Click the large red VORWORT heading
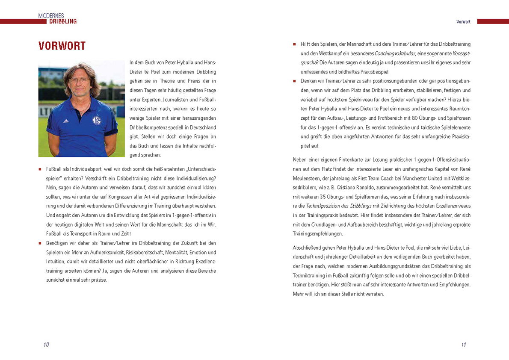[x=62, y=46]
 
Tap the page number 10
[x=46, y=345]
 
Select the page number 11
[x=463, y=345]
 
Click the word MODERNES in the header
[x=51, y=15]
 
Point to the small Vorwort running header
[x=463, y=21]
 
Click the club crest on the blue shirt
[x=97, y=121]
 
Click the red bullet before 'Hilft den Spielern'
[x=294, y=44]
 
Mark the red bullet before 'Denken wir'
[x=294, y=81]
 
